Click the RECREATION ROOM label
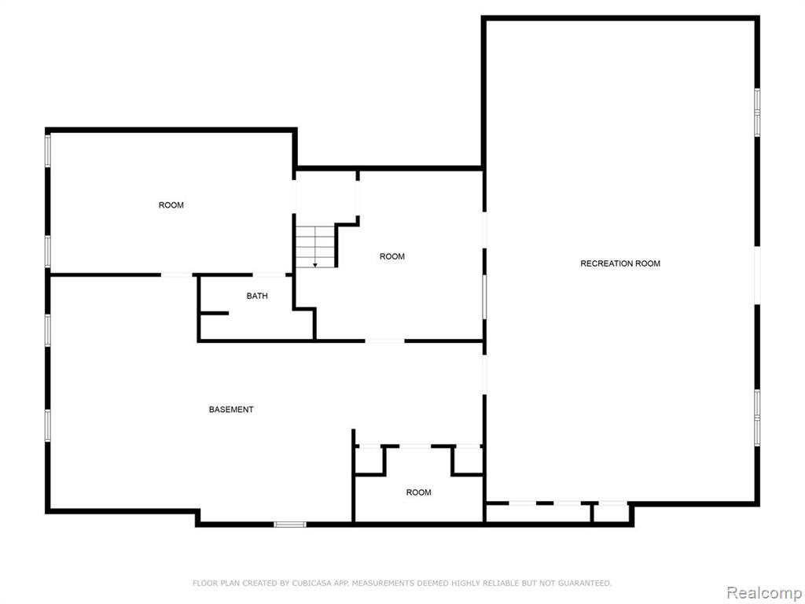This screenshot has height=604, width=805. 620,263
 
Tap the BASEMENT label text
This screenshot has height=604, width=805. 231,409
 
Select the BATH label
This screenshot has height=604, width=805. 257,296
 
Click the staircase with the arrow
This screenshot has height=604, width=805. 315,246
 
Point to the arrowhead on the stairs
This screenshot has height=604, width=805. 315,265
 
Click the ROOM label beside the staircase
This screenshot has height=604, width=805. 392,256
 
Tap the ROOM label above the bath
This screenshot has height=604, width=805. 171,205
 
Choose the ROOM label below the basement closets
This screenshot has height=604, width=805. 418,492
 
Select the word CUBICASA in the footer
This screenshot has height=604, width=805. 310,583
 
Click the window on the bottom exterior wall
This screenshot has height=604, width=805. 289,525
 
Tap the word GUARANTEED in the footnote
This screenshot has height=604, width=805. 584,583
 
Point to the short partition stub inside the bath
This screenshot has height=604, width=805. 214,313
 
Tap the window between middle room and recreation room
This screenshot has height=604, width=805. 484,296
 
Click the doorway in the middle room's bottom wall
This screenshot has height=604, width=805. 385,341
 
